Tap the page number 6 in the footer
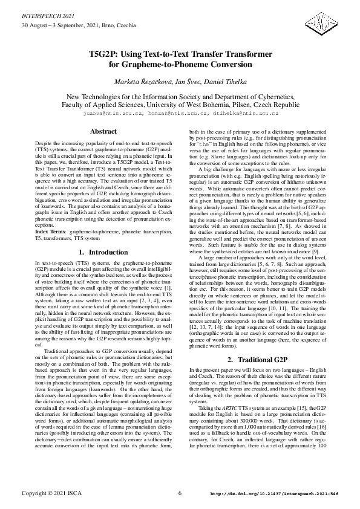(180, 493)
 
